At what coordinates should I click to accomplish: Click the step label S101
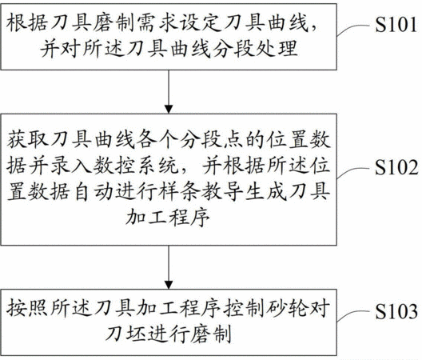point(396,24)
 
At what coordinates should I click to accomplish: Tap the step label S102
point(396,167)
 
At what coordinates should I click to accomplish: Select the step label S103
point(396,311)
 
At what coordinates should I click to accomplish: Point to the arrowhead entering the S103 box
point(169,285)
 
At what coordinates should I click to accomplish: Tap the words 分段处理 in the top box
point(256,49)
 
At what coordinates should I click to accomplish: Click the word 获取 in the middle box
point(27,140)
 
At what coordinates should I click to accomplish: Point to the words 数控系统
point(136,165)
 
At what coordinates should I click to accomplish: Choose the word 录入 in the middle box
point(72,165)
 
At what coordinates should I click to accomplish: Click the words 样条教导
point(201,191)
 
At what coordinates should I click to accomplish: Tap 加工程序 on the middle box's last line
point(168,217)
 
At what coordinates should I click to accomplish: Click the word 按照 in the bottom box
point(27,309)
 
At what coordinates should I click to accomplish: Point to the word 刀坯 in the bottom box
point(126,334)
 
